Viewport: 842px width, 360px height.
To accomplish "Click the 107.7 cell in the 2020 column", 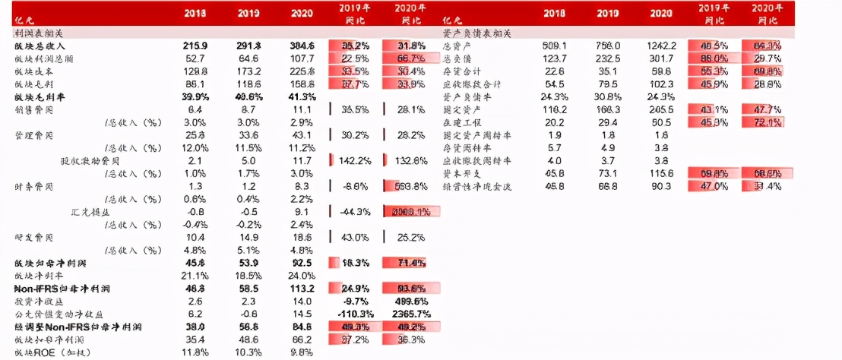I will [302, 58].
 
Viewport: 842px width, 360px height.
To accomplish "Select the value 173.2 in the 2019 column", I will [248, 71].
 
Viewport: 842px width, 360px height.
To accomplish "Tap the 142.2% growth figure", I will [355, 161].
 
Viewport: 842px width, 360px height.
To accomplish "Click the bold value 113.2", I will [302, 289].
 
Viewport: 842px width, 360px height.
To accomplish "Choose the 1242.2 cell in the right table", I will [661, 46].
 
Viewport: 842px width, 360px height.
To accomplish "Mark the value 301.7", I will [661, 58].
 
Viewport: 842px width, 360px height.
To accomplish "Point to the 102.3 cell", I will [661, 84].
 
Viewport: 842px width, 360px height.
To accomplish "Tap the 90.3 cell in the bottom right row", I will [661, 187].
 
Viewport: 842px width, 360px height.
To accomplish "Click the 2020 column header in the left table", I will [302, 13].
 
